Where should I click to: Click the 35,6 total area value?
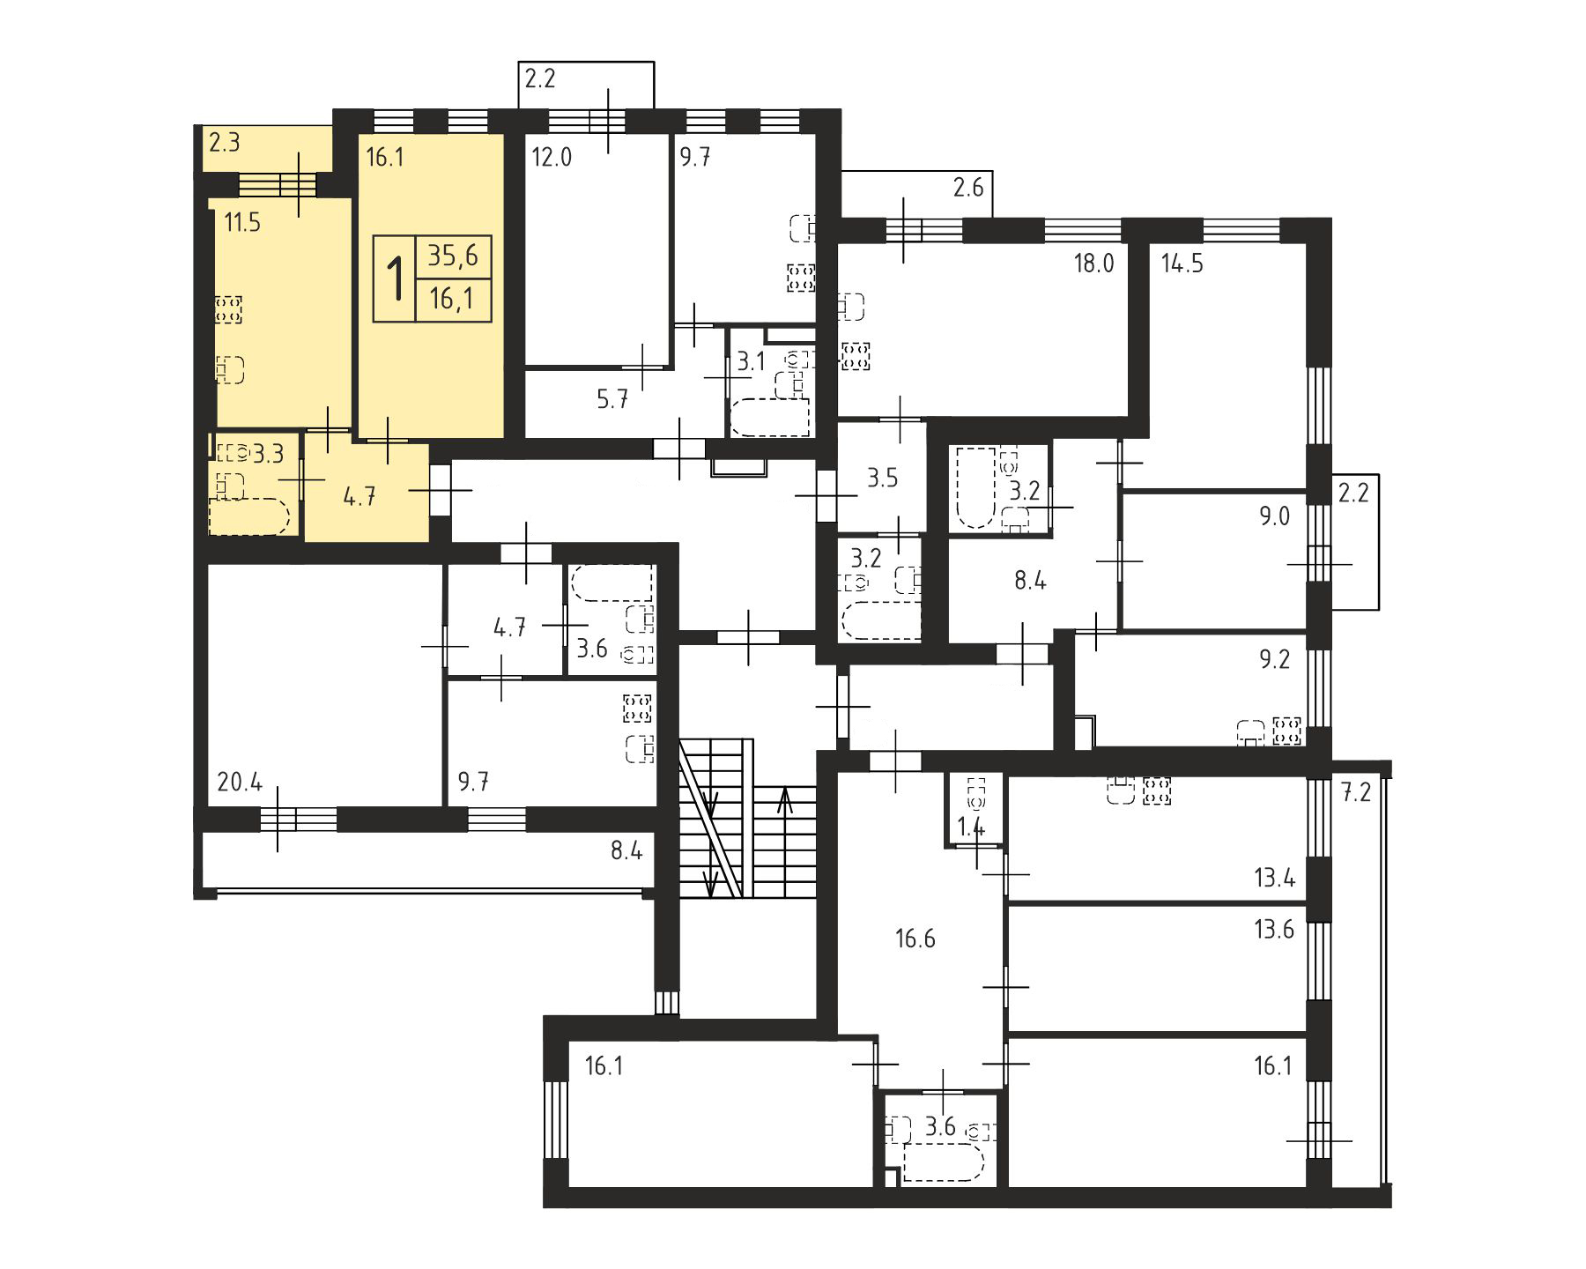(x=453, y=256)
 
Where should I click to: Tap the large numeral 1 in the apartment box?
(x=396, y=278)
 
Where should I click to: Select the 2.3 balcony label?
(x=224, y=142)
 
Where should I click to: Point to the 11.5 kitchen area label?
(x=242, y=223)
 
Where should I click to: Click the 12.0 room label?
(x=552, y=158)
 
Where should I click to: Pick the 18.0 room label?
(x=1093, y=263)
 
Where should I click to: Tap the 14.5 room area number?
(x=1182, y=263)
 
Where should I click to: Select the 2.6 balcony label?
(x=967, y=188)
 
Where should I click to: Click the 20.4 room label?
(x=240, y=782)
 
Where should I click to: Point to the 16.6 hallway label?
(x=915, y=939)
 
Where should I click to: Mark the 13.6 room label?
(x=1274, y=929)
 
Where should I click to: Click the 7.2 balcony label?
(x=1356, y=792)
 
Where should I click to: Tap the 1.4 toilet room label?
(x=972, y=827)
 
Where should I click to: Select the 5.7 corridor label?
(x=612, y=400)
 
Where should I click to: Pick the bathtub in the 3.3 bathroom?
(x=248, y=517)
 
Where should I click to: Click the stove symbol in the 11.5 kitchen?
(x=228, y=309)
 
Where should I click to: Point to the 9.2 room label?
(x=1274, y=660)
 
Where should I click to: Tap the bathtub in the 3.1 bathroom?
(x=770, y=418)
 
